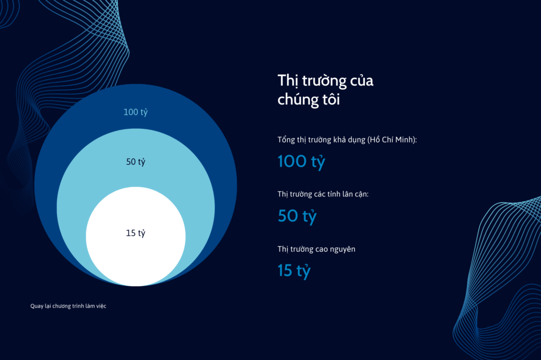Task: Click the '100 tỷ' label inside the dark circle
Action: click(136, 112)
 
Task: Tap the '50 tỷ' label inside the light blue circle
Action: click(136, 162)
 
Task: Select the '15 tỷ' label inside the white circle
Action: click(136, 233)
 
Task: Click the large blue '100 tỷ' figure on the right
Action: click(301, 162)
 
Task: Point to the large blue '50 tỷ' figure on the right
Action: click(297, 216)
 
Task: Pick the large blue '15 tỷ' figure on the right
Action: click(294, 271)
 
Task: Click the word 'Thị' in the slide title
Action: click(288, 81)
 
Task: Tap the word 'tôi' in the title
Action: click(331, 99)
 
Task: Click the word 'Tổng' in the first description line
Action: click(286, 140)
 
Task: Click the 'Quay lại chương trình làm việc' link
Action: click(68, 306)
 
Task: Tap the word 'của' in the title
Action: click(362, 81)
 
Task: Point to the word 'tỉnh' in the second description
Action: click(333, 194)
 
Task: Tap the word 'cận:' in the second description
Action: click(361, 194)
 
